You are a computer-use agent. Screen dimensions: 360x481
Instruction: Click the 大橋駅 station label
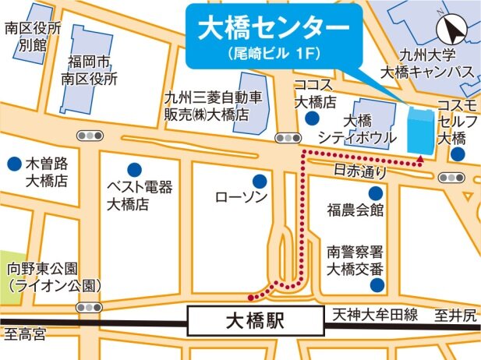(256, 319)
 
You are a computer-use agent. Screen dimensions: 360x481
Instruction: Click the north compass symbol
(451, 30)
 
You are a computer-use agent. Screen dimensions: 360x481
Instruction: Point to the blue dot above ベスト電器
(134, 168)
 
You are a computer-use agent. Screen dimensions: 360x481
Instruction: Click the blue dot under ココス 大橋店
(312, 118)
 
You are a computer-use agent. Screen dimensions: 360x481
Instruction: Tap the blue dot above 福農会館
(376, 192)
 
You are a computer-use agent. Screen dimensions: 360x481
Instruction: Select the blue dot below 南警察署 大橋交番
(377, 286)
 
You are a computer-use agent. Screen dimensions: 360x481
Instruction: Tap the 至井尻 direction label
(455, 316)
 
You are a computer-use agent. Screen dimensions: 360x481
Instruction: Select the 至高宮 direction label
(25, 335)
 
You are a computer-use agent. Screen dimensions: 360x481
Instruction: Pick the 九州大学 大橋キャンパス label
(426, 64)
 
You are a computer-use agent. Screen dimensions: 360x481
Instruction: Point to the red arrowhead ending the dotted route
(420, 159)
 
